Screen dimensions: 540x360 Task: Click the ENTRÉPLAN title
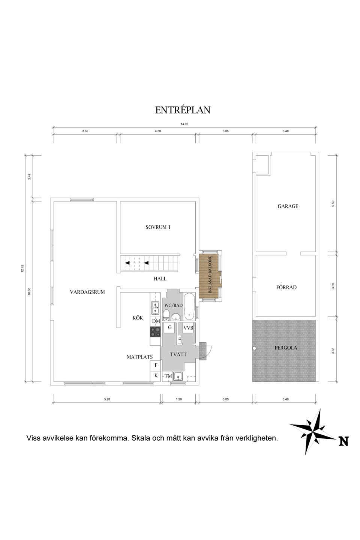point(183,110)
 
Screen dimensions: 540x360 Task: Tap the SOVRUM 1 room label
point(158,227)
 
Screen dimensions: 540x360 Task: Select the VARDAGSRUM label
point(87,292)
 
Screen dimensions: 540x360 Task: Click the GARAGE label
point(288,206)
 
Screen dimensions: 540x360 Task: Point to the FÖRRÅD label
point(286,287)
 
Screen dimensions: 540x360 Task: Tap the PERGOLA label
point(286,348)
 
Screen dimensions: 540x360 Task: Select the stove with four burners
point(155,331)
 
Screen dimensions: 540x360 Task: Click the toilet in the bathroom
point(166,314)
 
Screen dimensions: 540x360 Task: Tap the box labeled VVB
point(188,328)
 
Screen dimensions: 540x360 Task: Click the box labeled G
point(169,327)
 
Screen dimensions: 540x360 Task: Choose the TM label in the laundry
point(168,376)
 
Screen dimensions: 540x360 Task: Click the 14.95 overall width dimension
point(184,124)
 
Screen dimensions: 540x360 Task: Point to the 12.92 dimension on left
point(22,268)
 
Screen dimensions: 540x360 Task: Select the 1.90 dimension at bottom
point(178,399)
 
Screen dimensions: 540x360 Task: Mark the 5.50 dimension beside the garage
point(333,203)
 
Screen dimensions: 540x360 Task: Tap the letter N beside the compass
point(343,441)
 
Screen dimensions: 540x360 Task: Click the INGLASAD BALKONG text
point(210,274)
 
